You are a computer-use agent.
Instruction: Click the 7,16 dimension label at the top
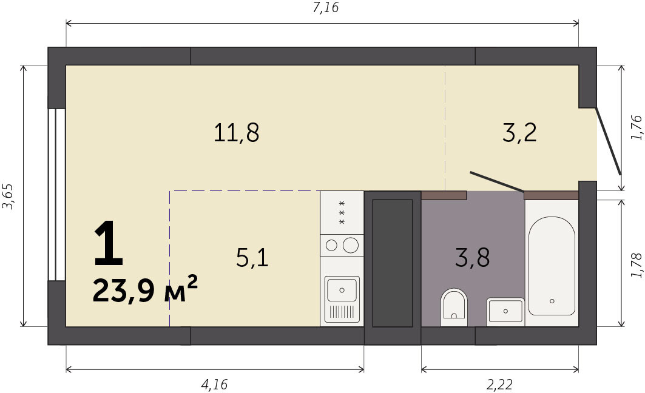point(326,8)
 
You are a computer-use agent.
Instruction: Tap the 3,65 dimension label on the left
point(8,196)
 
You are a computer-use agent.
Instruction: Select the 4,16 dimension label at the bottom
point(214,385)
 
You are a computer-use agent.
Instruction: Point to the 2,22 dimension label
point(500,385)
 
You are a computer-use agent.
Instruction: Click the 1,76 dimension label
point(636,127)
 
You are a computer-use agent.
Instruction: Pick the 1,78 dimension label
point(636,265)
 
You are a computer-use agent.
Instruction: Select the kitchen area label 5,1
point(252,258)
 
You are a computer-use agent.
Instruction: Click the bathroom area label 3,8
point(472,258)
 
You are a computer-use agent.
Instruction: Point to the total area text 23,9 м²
point(145,289)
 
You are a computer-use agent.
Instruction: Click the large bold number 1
point(109,243)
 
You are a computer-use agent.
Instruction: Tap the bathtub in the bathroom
point(552,266)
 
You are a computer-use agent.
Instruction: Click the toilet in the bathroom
point(454,307)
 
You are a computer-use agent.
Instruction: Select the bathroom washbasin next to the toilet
point(505,312)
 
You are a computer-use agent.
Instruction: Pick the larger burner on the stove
point(351,246)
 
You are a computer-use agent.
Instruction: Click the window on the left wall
point(56,195)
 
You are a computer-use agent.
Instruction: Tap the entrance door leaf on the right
point(609,141)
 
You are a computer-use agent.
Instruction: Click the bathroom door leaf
point(497,182)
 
